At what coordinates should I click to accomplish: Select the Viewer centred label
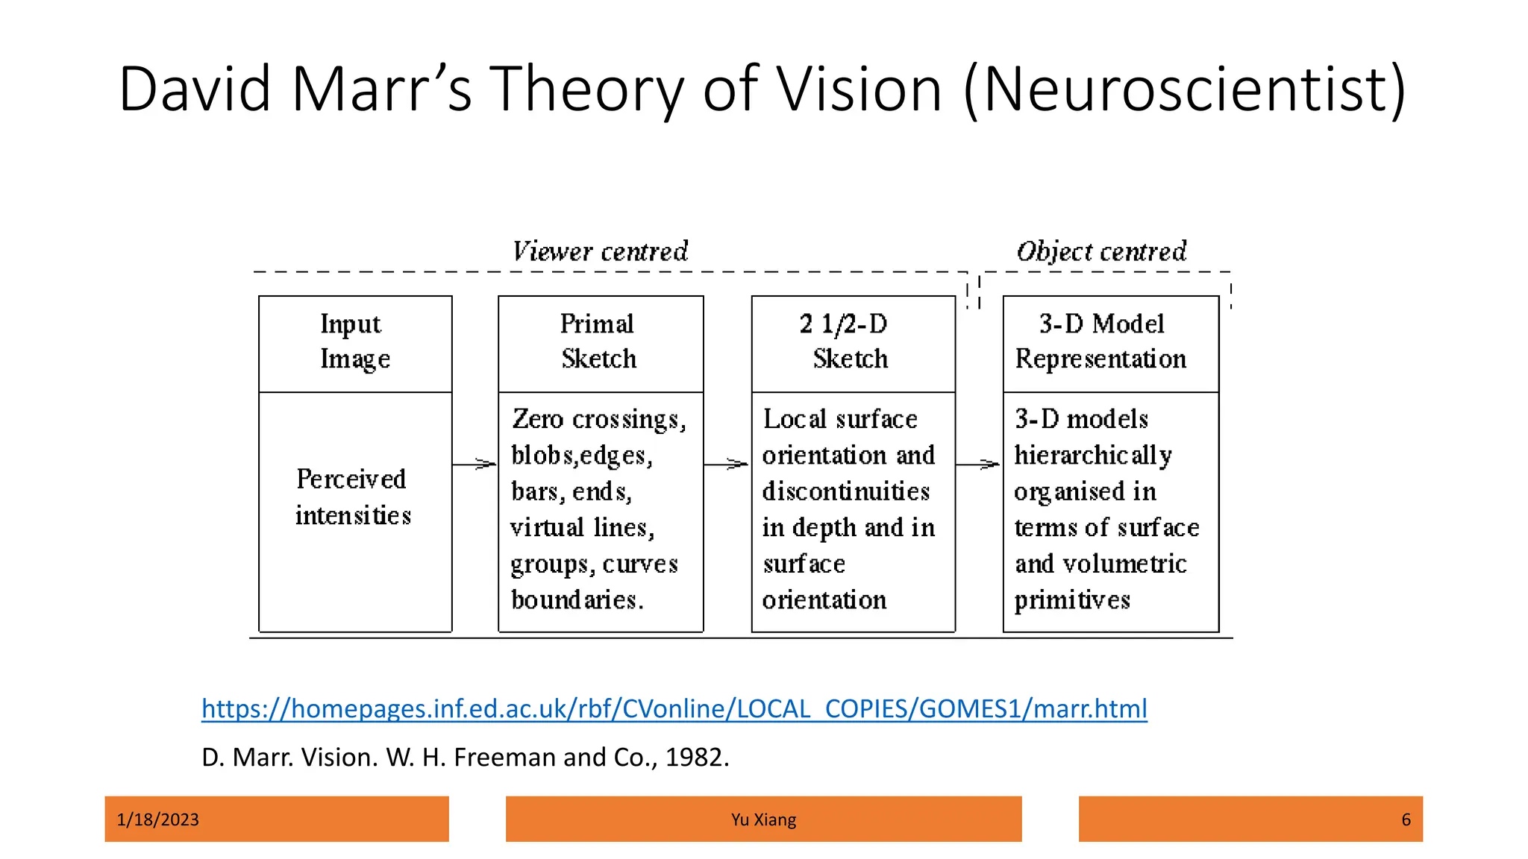pyautogui.click(x=601, y=251)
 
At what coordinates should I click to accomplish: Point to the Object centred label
pyautogui.click(x=1101, y=251)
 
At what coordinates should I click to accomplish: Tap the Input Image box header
pyautogui.click(x=355, y=342)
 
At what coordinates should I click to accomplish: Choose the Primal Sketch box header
pyautogui.click(x=599, y=342)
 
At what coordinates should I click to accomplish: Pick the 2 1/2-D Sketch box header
pyautogui.click(x=851, y=342)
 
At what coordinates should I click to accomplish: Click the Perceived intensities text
pyautogui.click(x=353, y=497)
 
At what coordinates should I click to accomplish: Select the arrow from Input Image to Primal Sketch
pyautogui.click(x=475, y=465)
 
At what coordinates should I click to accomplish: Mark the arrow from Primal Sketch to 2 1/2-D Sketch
pyautogui.click(x=727, y=465)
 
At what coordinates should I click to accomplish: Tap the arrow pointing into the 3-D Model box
pyautogui.click(x=978, y=465)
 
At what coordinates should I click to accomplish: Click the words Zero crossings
pyautogui.click(x=598, y=419)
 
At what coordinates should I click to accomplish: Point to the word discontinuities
pyautogui.click(x=846, y=491)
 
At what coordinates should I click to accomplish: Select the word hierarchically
pyautogui.click(x=1093, y=456)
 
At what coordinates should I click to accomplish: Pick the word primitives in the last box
pyautogui.click(x=1072, y=600)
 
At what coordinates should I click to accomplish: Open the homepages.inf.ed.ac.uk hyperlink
pyautogui.click(x=674, y=708)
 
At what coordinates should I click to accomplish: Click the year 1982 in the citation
pyautogui.click(x=693, y=758)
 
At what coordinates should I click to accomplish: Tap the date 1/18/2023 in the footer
pyautogui.click(x=158, y=819)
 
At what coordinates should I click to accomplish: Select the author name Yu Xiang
pyautogui.click(x=763, y=819)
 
